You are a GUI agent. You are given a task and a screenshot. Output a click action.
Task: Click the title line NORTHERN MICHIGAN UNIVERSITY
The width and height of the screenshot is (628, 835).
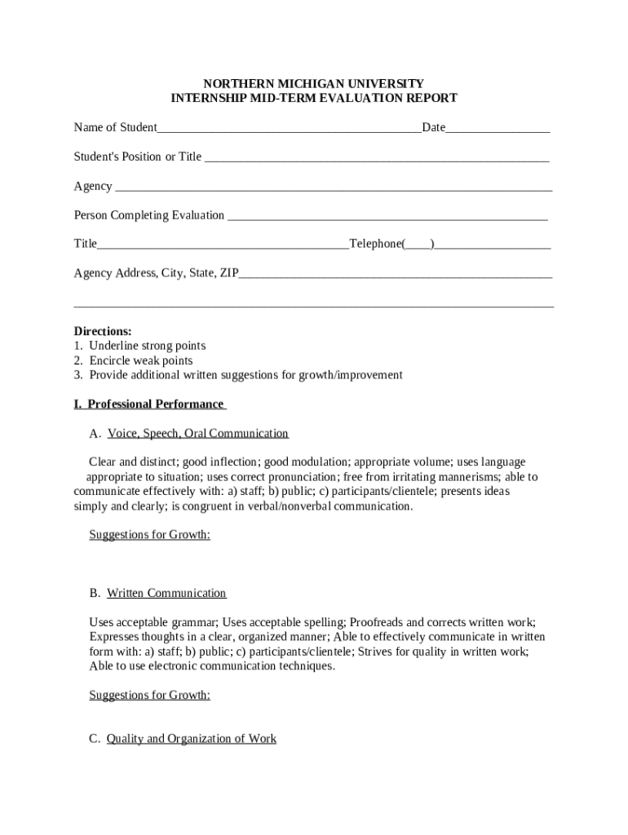(x=313, y=83)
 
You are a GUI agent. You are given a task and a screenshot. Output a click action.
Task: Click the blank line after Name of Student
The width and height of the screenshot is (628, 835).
(x=289, y=128)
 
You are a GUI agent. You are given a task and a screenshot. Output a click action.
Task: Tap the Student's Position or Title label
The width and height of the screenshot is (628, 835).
(x=138, y=157)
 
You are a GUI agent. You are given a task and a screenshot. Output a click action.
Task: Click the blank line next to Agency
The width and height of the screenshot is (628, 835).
(x=334, y=187)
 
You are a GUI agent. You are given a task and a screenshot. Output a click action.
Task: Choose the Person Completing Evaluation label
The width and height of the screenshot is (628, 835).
(x=149, y=215)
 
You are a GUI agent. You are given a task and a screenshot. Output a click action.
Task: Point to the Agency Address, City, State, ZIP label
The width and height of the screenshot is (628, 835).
(x=157, y=273)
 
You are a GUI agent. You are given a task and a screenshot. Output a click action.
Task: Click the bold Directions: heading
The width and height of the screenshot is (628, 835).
(x=103, y=331)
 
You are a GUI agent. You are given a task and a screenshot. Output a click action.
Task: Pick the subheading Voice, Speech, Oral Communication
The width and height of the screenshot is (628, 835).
(x=197, y=433)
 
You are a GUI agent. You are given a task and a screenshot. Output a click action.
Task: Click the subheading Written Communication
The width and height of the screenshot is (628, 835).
(x=166, y=593)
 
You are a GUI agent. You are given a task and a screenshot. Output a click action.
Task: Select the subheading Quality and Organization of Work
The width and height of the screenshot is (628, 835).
(x=192, y=739)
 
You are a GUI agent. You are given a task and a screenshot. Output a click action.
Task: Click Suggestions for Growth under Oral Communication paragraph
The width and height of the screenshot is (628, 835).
(x=149, y=535)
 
